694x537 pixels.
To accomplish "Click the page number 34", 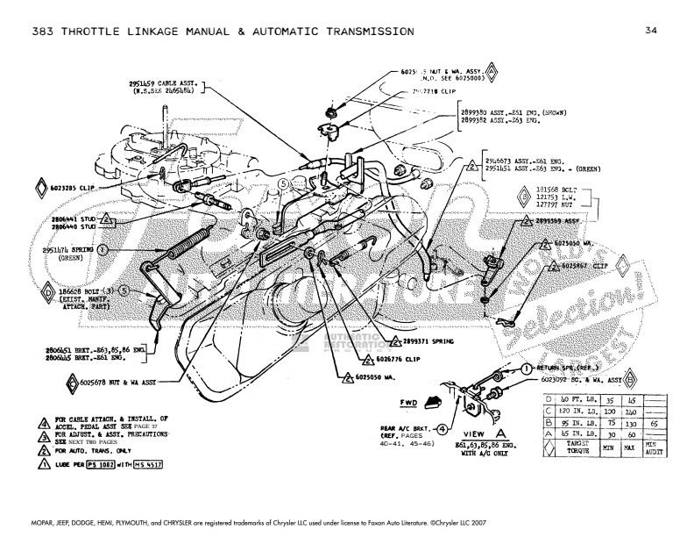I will click(x=650, y=32).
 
